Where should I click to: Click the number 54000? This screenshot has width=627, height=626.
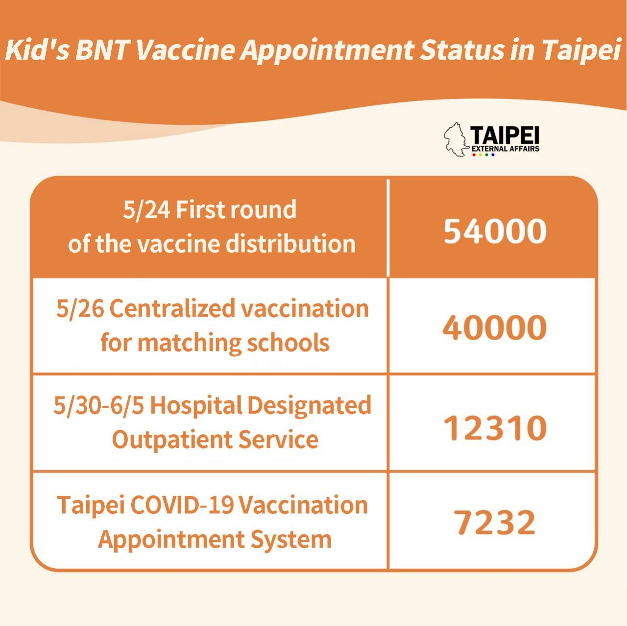click(x=495, y=231)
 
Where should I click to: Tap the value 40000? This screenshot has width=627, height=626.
click(x=495, y=328)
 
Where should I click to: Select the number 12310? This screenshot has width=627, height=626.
click(x=495, y=428)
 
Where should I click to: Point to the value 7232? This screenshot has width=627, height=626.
click(x=495, y=522)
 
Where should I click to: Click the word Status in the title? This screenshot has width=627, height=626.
click(x=461, y=50)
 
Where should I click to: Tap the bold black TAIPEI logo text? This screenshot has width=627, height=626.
click(x=505, y=136)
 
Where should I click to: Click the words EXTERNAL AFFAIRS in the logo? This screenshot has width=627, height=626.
click(x=506, y=149)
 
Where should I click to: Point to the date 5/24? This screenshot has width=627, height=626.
click(x=146, y=210)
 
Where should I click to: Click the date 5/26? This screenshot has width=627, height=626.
click(x=80, y=308)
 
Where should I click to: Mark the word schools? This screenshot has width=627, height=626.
click(x=289, y=342)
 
